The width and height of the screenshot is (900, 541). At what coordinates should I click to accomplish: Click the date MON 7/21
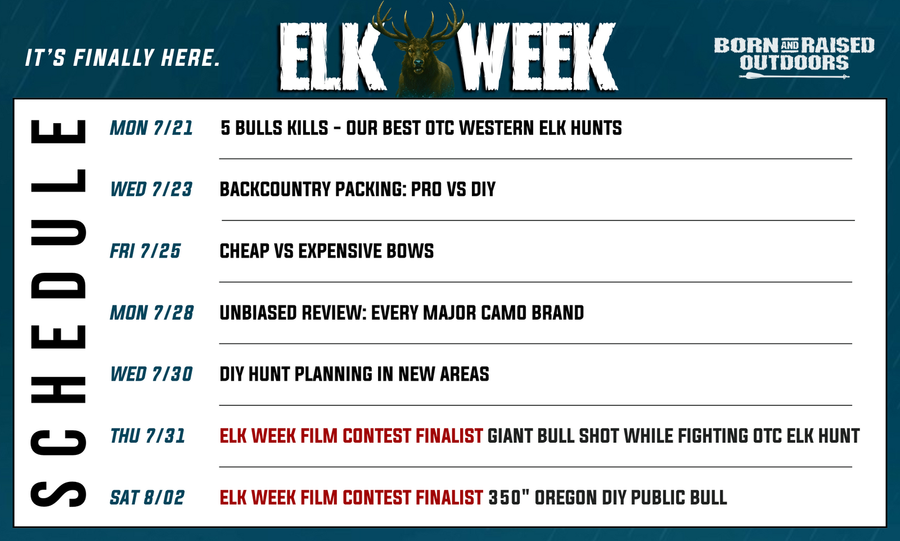(x=151, y=128)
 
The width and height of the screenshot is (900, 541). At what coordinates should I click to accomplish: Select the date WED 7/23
(x=151, y=190)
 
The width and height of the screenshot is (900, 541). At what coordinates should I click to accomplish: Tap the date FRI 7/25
(x=145, y=251)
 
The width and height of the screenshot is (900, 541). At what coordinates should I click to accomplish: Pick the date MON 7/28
(x=152, y=313)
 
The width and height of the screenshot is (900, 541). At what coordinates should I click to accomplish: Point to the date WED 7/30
(x=151, y=375)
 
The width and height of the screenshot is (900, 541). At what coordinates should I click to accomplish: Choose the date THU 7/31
(x=147, y=436)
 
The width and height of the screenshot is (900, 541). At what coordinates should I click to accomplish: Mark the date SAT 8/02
(x=147, y=498)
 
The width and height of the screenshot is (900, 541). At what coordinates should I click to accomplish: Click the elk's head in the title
(x=418, y=56)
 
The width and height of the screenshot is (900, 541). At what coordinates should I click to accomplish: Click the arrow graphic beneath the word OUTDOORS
(x=794, y=76)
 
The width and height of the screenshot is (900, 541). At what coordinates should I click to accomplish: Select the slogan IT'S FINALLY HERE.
(x=123, y=58)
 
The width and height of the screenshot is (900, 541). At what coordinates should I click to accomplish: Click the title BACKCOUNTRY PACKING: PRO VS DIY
(x=358, y=190)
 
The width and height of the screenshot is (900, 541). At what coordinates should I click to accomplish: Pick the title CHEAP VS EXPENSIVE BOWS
(x=327, y=251)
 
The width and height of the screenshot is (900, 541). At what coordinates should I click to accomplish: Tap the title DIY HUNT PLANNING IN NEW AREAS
(x=354, y=375)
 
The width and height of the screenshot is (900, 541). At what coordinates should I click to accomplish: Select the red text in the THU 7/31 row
(x=351, y=436)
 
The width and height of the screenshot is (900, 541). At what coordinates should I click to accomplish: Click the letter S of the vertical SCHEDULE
(x=58, y=494)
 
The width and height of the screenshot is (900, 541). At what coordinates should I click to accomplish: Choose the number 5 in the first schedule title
(x=226, y=128)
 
